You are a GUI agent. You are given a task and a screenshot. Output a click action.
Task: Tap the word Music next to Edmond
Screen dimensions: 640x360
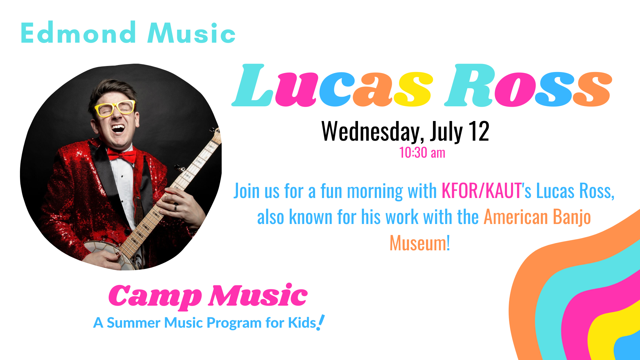click(191, 33)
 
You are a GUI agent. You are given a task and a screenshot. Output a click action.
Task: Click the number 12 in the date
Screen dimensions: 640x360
click(479, 131)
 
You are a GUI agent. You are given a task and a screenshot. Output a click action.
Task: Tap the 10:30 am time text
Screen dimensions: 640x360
click(422, 153)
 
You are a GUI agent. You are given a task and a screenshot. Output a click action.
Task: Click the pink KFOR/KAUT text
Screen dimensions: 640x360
click(481, 191)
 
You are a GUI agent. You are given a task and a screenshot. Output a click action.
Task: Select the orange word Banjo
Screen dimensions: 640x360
click(572, 218)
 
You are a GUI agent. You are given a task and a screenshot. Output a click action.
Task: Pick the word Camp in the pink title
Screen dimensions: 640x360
click(155, 296)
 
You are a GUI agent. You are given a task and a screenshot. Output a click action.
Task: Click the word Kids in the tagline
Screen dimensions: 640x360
click(302, 323)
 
